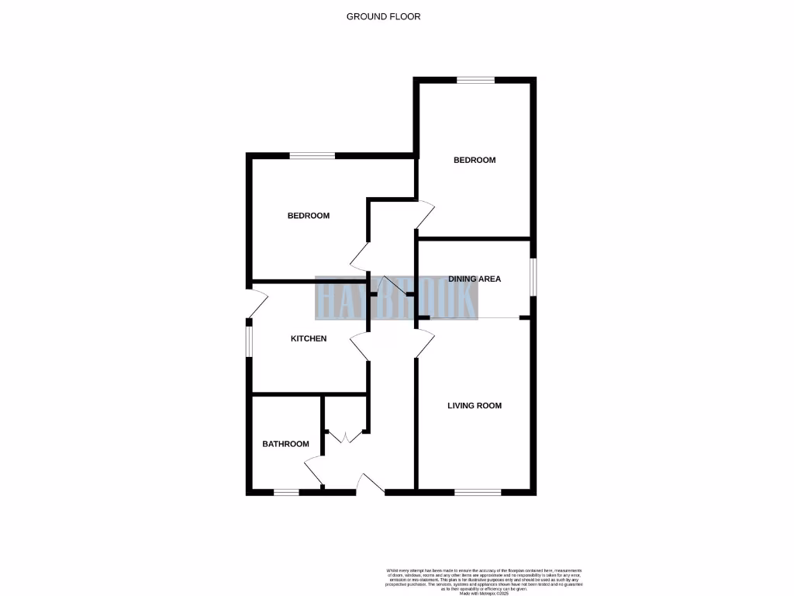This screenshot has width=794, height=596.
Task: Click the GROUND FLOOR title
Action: (383, 16)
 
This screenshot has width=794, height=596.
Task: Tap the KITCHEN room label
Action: (309, 338)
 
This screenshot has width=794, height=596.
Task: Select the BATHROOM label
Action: (285, 444)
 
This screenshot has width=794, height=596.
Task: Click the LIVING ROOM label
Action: (475, 405)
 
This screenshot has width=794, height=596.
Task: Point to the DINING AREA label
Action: (475, 279)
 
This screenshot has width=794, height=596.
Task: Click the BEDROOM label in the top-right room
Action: (475, 160)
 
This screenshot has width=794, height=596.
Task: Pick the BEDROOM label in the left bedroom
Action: (309, 216)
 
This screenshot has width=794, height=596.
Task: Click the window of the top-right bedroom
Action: (475, 80)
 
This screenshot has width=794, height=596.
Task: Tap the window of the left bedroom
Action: (312, 156)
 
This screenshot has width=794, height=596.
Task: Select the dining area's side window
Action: (533, 277)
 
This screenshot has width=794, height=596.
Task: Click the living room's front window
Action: (478, 492)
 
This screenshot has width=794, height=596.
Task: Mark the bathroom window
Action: (286, 492)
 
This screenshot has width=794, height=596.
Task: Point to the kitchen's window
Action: (250, 341)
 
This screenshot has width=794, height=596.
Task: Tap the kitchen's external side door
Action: (256, 303)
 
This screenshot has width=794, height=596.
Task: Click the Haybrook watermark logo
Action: (396, 298)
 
